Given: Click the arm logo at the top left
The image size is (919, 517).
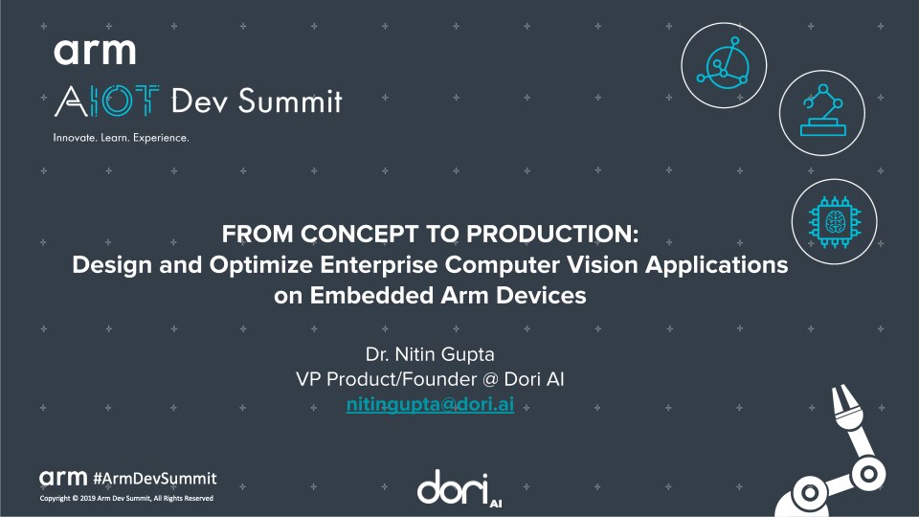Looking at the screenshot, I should [95, 51].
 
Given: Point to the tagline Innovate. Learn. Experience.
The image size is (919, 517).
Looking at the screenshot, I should [121, 138].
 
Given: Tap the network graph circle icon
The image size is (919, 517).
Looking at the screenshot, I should [725, 66].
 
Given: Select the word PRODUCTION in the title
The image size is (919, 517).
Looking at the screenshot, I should [564, 235].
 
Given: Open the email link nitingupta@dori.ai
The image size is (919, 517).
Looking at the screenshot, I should [429, 404].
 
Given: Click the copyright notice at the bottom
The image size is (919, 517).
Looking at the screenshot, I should [125, 500].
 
